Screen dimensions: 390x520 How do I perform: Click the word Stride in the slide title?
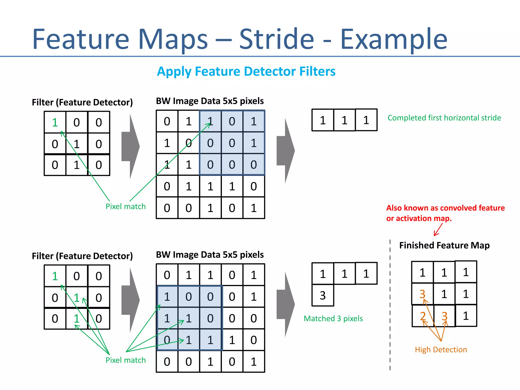(277, 39)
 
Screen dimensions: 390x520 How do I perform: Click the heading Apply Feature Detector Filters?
(246, 71)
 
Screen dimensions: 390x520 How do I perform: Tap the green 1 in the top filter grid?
(55, 123)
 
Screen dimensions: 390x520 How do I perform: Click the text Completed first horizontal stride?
(444, 118)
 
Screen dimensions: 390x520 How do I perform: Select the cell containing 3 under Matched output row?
(322, 296)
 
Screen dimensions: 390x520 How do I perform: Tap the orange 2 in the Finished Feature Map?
(422, 316)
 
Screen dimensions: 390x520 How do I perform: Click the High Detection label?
(441, 350)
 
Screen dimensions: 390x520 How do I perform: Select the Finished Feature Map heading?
(444, 245)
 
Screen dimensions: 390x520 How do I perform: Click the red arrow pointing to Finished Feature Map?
(438, 230)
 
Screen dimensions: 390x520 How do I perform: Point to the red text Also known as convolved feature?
(445, 208)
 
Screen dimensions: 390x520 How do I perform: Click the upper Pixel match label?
(126, 206)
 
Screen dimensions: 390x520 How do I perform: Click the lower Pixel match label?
(126, 360)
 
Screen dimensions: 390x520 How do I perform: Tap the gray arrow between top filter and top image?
(131, 147)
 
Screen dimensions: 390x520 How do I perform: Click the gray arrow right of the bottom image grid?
(286, 304)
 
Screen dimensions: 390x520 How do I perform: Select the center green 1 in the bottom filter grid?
(77, 298)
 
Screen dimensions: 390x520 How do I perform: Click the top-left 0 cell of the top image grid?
(167, 121)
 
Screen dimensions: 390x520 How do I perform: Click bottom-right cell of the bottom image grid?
(254, 362)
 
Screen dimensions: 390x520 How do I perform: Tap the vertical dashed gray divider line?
(390, 305)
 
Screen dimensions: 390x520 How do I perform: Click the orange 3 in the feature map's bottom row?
(444, 316)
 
